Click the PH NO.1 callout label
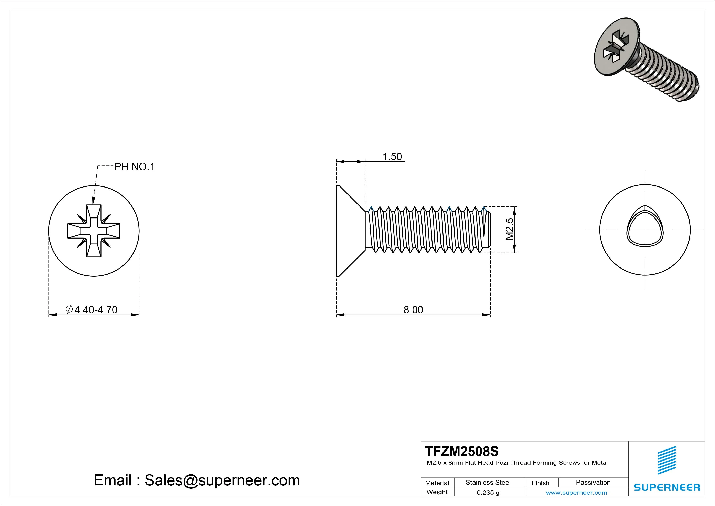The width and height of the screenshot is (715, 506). point(135,167)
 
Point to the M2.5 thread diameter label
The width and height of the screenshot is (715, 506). point(510,229)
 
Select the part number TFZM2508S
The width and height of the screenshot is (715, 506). point(461,451)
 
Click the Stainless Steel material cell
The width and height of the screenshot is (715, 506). point(488,482)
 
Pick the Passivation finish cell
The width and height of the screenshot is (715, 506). point(593,482)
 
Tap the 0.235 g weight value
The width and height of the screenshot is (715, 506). point(488,493)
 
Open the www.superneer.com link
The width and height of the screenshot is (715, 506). point(576,493)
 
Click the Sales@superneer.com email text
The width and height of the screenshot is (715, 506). point(222,480)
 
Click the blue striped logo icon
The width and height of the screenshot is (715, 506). point(666,460)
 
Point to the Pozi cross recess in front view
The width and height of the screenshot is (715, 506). point(94,231)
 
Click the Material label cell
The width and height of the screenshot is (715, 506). point(437,483)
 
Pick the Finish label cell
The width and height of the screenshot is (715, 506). point(540,483)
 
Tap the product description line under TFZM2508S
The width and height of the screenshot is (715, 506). point(517,463)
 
